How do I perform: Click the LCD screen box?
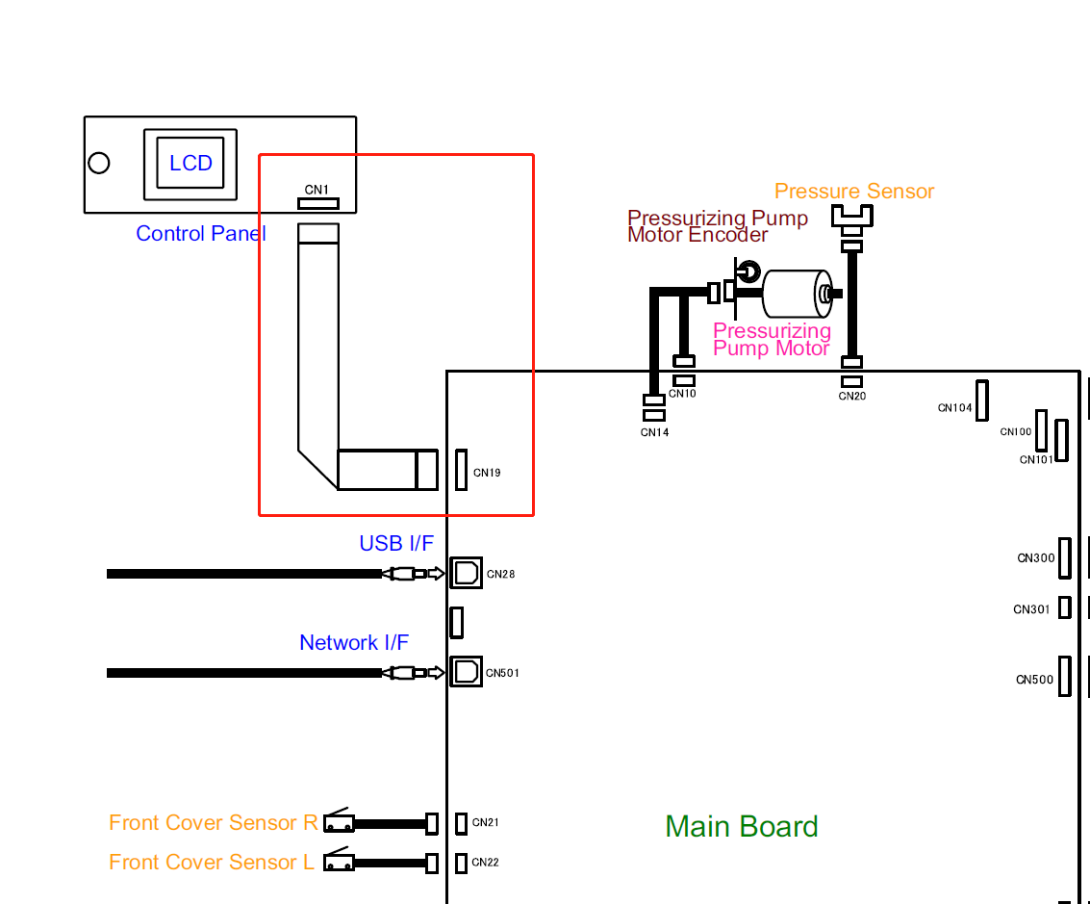190,163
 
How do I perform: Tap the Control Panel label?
201,234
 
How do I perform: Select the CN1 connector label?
317,190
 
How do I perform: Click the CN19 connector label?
487,474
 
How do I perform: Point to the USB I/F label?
396,544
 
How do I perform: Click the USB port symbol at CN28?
466,574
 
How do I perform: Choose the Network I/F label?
354,643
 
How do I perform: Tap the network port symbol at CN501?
466,671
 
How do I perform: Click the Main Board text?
742,827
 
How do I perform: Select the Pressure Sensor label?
854,192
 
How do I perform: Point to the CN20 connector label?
852,396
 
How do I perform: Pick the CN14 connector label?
654,433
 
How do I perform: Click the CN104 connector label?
955,408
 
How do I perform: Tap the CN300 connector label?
1036,558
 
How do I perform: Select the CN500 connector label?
1035,680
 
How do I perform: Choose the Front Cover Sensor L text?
212,863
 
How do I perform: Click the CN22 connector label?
486,863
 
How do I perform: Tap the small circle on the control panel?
99,163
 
